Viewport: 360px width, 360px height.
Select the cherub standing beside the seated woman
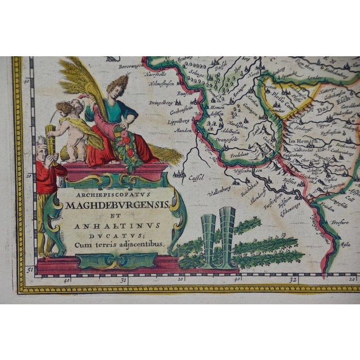pyautogui.click(x=70, y=128)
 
